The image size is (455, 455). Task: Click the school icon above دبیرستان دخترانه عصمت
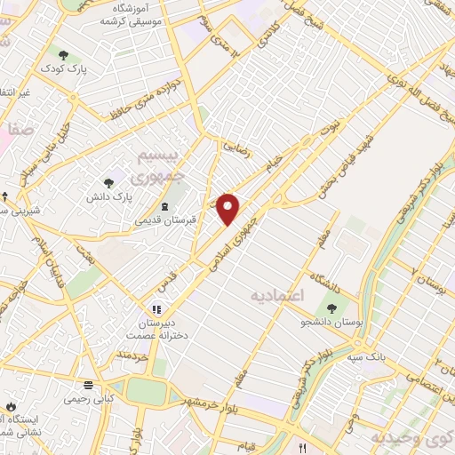tap(156, 309)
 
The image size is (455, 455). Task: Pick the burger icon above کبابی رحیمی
tap(88, 385)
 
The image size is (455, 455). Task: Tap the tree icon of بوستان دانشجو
tap(331, 307)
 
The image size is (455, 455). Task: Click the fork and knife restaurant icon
tap(303, 447)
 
